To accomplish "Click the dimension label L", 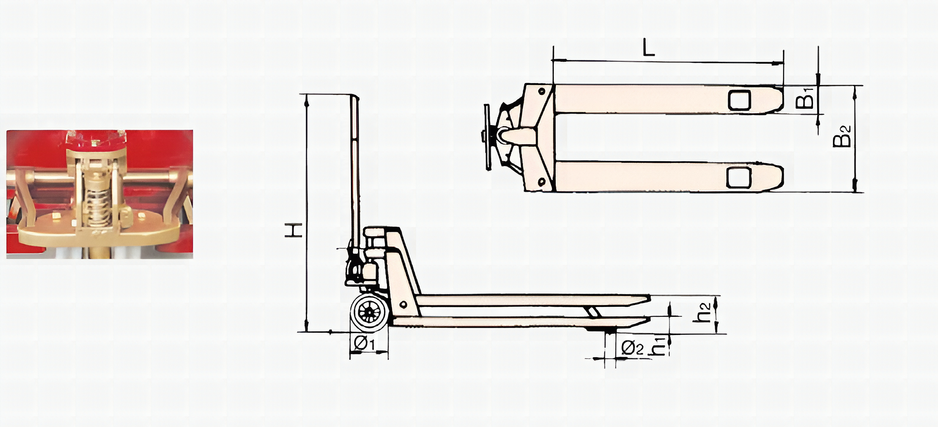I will [x=648, y=48].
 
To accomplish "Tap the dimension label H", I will [x=294, y=230].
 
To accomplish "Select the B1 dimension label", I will [x=805, y=98].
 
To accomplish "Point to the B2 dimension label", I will [x=842, y=136].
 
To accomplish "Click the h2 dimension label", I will [x=703, y=312].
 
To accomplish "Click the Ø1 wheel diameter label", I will [x=365, y=342].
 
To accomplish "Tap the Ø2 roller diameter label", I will [x=632, y=348].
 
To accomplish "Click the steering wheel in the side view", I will [x=368, y=313].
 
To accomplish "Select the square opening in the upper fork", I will [x=740, y=100].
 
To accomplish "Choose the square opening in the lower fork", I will [x=739, y=177].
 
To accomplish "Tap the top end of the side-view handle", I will [x=354, y=97].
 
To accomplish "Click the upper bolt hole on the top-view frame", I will [x=542, y=91].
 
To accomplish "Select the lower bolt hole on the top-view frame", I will [x=542, y=182].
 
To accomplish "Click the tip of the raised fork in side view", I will [x=647, y=298].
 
